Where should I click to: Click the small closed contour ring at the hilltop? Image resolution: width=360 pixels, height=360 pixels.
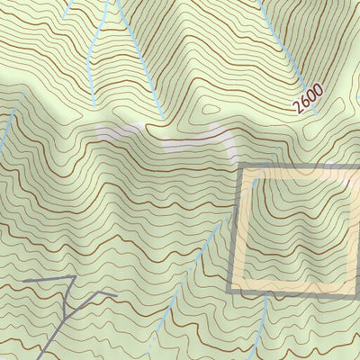tap(211, 110)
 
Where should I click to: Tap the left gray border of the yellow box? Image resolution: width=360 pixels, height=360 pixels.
tap(235, 229)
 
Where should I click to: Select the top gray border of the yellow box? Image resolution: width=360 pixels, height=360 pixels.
tap(297, 168)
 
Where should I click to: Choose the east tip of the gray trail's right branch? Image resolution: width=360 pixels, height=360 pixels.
tap(115, 292)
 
